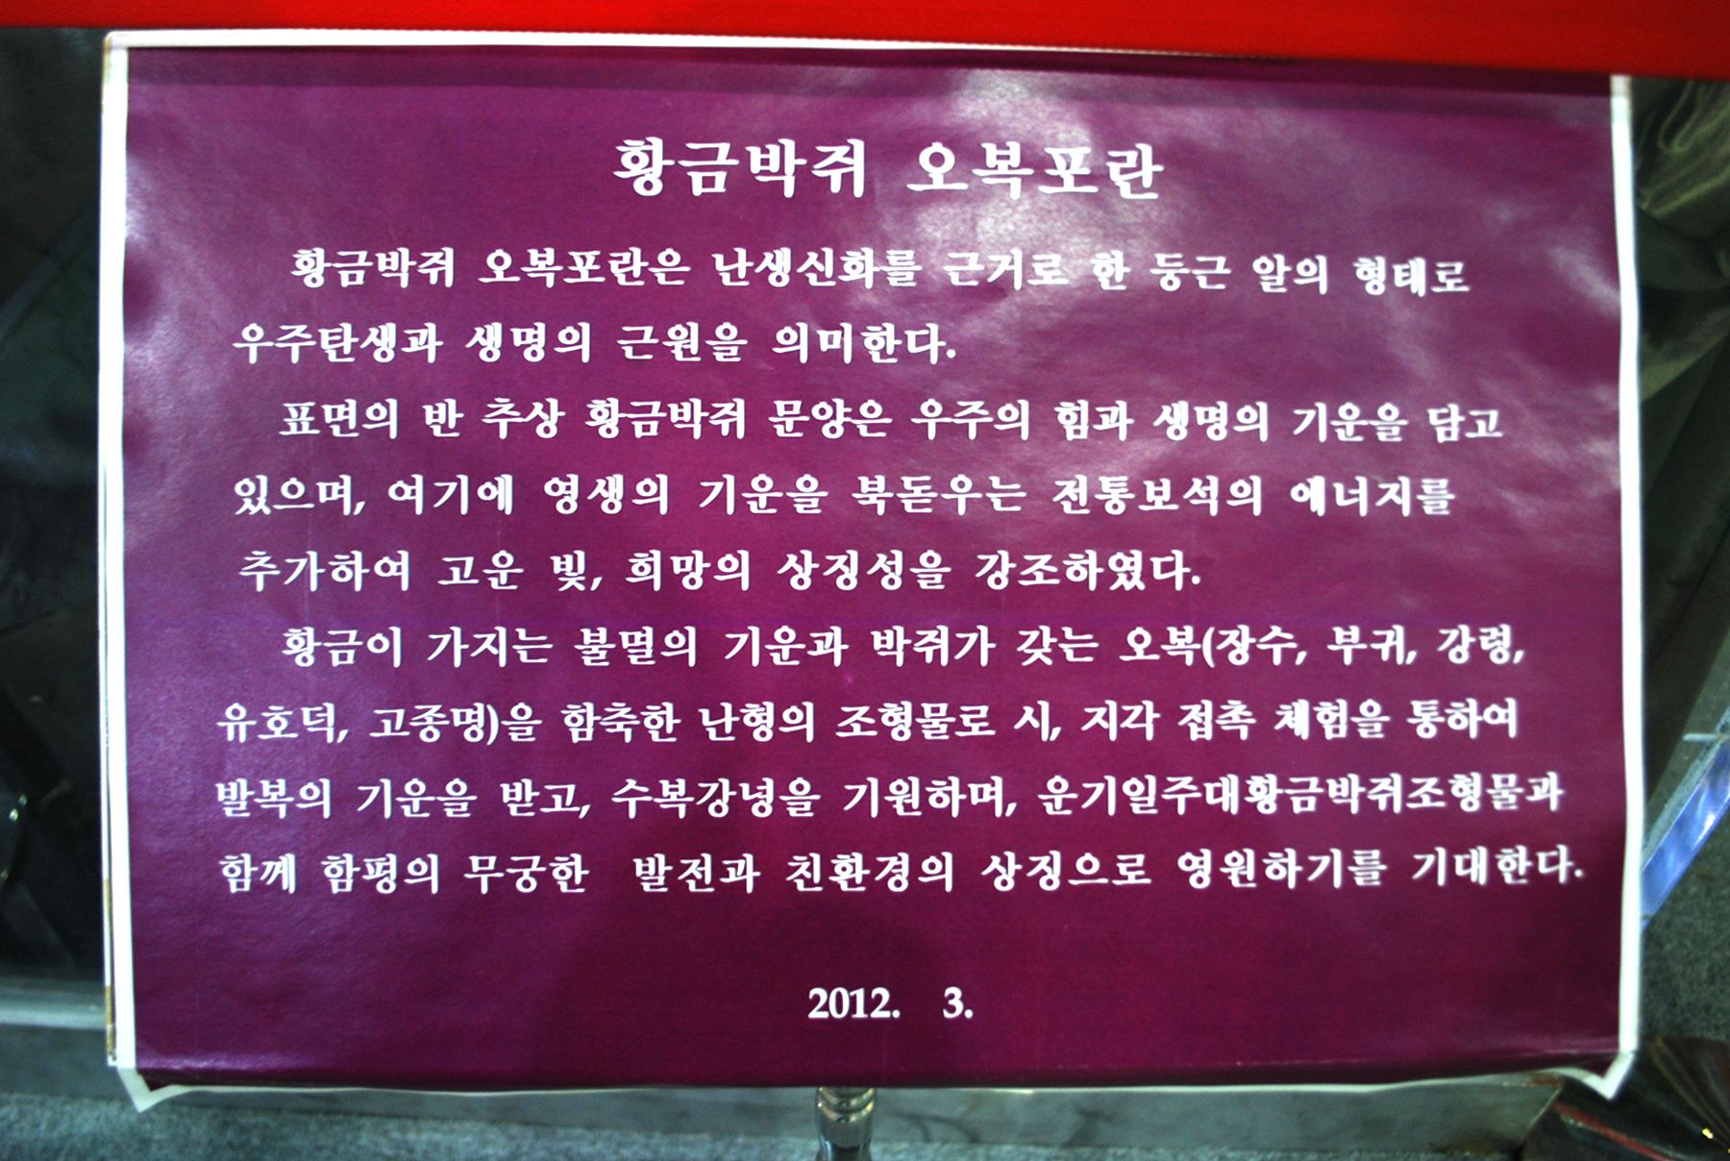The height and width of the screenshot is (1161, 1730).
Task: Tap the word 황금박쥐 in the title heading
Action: [741, 169]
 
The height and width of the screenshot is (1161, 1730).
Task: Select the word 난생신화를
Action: [815, 268]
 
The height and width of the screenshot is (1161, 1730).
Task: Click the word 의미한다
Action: [864, 343]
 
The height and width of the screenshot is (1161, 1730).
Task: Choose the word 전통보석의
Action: [1156, 495]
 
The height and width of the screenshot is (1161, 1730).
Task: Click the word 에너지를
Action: [1372, 495]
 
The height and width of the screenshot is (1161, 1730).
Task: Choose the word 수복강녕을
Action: [716, 796]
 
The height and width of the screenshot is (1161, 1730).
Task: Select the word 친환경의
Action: [869, 871]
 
